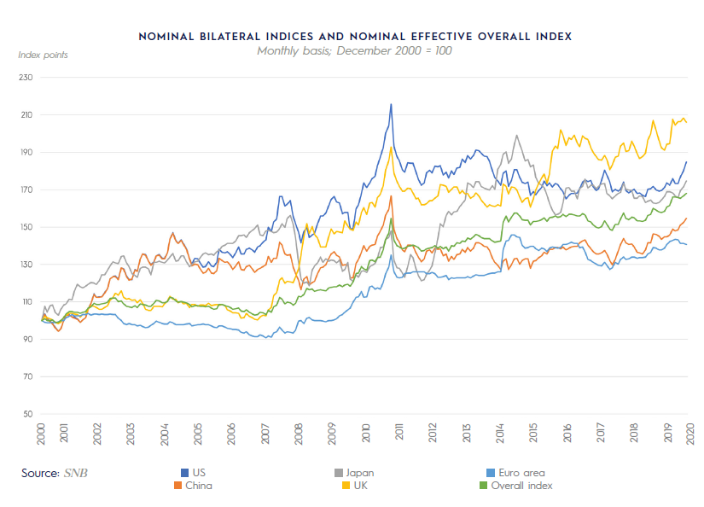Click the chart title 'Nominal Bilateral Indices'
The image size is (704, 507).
[x=354, y=37]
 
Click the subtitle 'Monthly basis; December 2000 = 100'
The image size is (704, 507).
[x=354, y=50]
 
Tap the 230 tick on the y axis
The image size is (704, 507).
[x=24, y=78]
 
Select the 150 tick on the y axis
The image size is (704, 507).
[x=24, y=227]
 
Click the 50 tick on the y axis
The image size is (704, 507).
[x=26, y=414]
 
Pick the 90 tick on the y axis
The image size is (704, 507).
[x=26, y=340]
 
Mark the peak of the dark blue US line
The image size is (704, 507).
[x=391, y=104]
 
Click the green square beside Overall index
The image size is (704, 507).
[x=483, y=486]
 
